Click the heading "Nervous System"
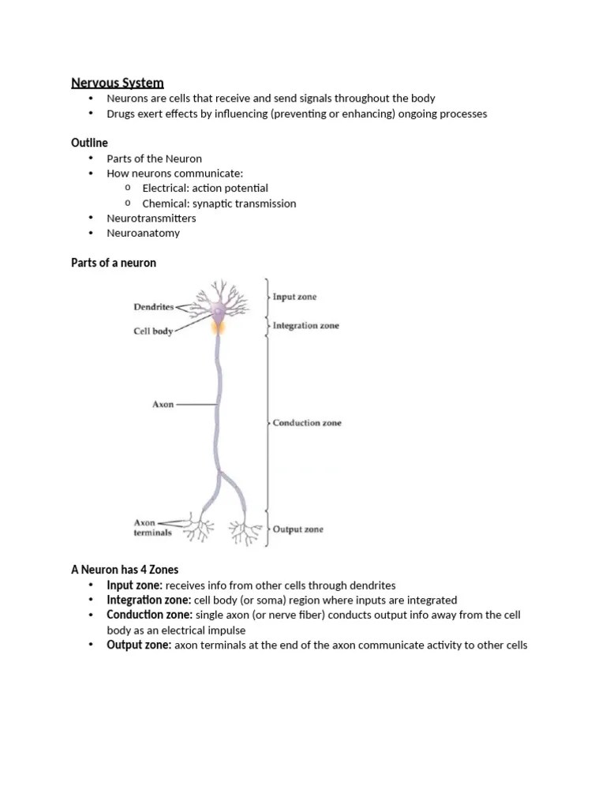[118, 82]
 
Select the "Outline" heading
[89, 143]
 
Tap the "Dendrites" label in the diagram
[155, 307]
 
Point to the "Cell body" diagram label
[152, 332]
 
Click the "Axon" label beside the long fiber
[163, 405]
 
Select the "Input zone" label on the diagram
[294, 297]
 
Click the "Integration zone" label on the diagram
[305, 326]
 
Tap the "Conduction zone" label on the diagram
[307, 423]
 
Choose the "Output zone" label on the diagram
[297, 529]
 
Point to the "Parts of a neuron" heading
[114, 263]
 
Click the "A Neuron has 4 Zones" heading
[125, 570]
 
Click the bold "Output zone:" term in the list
[139, 645]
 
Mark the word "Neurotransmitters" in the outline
[151, 218]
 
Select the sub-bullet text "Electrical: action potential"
[205, 188]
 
